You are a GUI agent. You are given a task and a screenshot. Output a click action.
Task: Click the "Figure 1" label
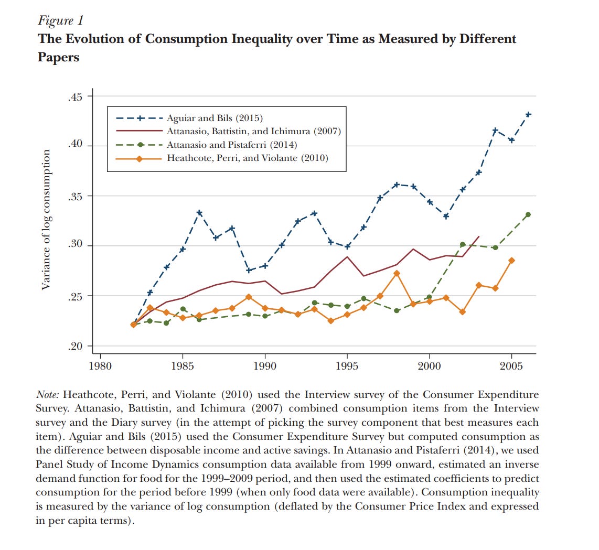click(60, 20)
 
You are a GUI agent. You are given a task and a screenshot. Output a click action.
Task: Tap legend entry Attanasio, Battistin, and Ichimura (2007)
click(253, 131)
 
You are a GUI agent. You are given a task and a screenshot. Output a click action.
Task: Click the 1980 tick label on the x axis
click(100, 365)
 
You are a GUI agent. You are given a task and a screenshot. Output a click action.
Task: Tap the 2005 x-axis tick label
click(511, 365)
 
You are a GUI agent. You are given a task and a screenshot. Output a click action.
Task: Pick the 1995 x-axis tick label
click(347, 365)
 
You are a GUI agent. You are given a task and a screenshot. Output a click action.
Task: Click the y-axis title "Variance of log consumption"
click(46, 220)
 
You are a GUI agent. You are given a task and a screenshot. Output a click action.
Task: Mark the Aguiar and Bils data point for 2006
click(528, 114)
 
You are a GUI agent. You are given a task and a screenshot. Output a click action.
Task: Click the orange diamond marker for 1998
click(397, 273)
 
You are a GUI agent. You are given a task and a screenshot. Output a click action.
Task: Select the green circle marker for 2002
click(462, 244)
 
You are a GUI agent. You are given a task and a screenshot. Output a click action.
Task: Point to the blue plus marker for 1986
click(199, 213)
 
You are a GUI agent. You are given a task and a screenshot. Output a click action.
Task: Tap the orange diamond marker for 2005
click(511, 261)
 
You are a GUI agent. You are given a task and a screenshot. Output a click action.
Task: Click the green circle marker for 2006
click(528, 214)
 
